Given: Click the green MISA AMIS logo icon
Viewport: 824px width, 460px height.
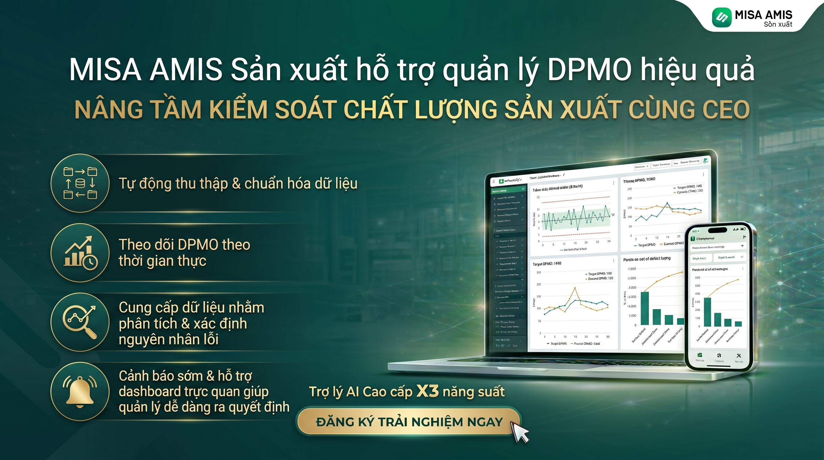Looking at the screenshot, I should [722, 17].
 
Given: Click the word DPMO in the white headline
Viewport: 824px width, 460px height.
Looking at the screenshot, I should [589, 70].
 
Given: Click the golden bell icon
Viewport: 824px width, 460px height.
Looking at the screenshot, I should [80, 391].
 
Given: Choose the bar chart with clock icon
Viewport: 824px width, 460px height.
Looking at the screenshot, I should [80, 253].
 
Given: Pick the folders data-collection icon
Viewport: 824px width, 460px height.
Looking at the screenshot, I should [80, 183].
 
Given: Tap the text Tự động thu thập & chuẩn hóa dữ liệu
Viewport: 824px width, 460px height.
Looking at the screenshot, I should [238, 184].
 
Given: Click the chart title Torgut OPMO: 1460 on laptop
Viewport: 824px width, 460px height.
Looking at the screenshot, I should [547, 264].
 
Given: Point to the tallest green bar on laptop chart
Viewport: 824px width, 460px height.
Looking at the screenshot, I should [645, 308].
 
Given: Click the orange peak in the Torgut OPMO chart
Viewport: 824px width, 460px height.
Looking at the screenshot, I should [575, 288].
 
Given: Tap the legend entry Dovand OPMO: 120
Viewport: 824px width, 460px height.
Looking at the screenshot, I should [600, 278].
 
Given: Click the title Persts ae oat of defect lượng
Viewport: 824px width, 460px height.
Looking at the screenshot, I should [646, 258].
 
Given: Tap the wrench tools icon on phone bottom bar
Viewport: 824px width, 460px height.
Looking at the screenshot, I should [739, 356].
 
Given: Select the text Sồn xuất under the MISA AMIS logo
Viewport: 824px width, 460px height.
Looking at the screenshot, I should [778, 24].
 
